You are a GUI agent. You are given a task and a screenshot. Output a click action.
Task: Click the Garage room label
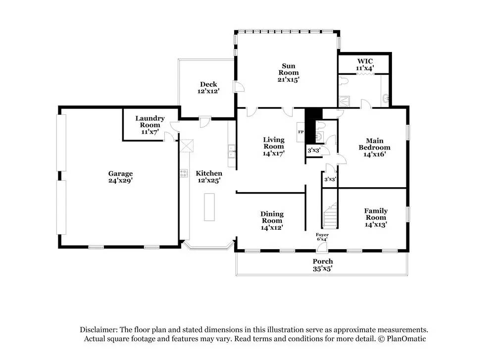point(121,177)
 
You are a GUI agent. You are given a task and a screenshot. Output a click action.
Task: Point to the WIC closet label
point(364,64)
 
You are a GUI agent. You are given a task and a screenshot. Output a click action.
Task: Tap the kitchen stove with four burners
point(184,173)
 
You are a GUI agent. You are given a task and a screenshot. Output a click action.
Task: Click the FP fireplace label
point(300,132)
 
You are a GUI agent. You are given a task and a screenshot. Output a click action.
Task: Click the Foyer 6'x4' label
point(322,237)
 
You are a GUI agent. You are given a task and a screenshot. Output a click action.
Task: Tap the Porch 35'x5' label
point(322,265)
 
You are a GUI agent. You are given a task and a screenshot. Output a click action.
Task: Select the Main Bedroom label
point(374,147)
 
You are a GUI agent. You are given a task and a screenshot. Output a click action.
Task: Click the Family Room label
point(376,217)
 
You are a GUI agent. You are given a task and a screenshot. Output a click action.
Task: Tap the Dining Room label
point(272,220)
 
